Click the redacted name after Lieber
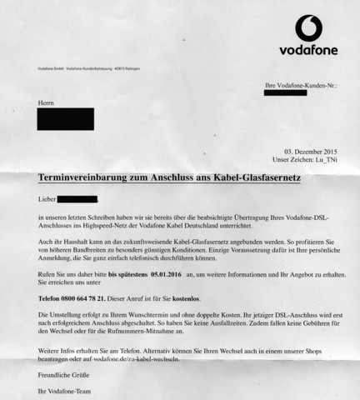coord(77,199)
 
